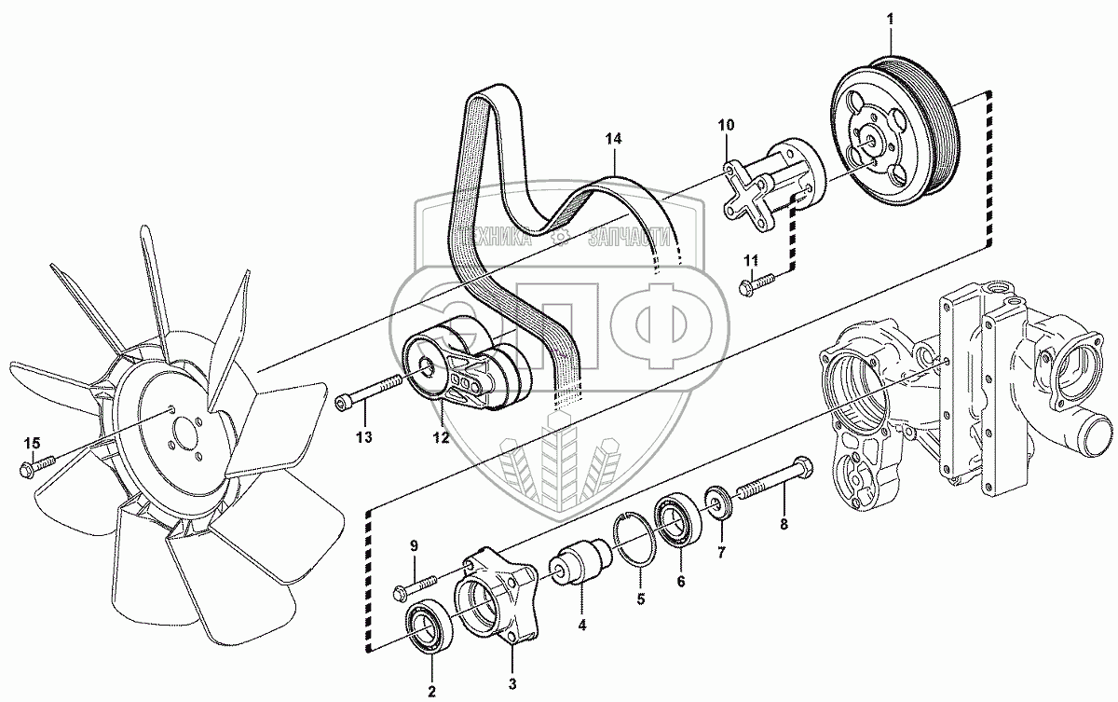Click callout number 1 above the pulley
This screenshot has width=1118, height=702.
pos(890,19)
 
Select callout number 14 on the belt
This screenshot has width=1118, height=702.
pos(612,139)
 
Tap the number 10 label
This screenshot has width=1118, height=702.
pos(726,124)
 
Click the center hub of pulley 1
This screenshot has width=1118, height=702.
pos(872,139)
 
